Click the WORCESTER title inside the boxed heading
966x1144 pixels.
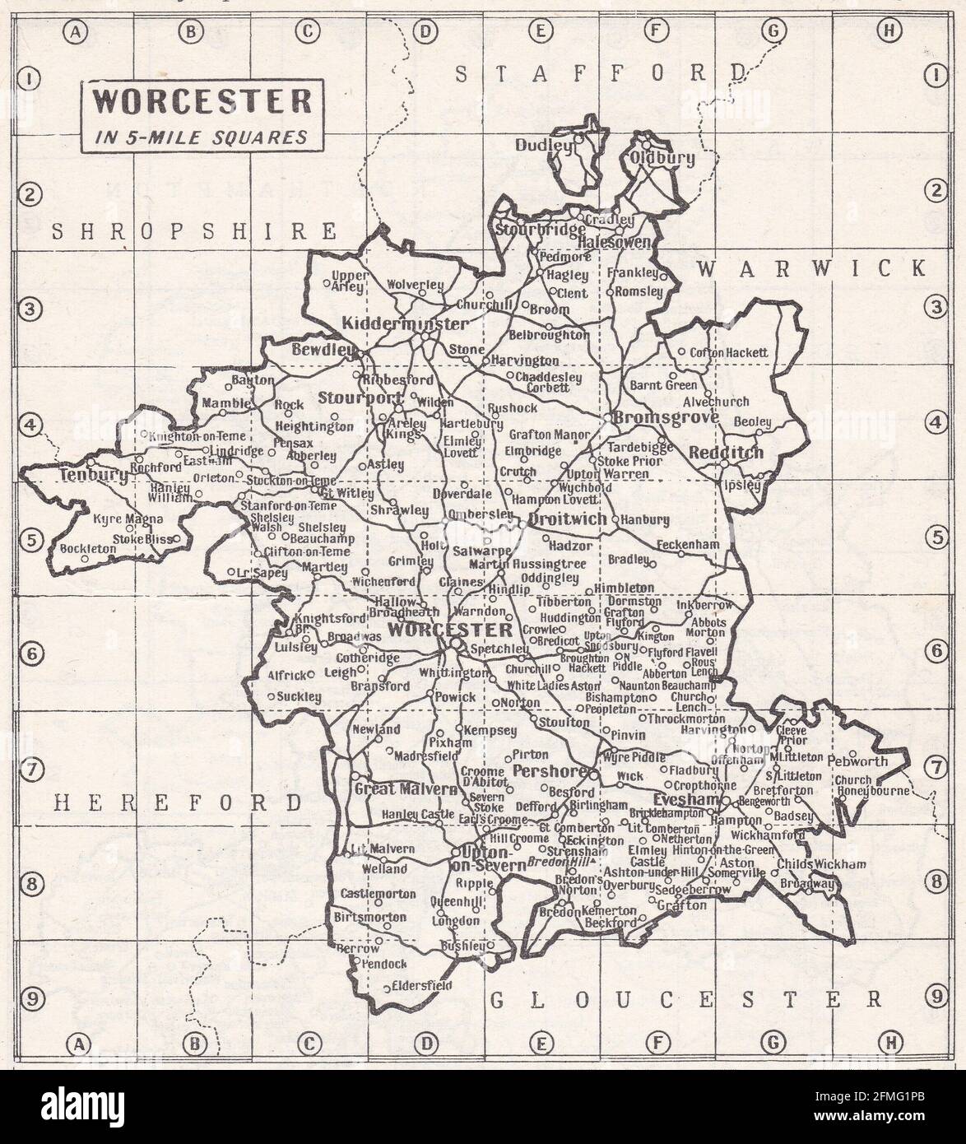tap(201, 102)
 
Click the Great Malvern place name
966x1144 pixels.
tap(404, 788)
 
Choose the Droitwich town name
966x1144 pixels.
tap(568, 520)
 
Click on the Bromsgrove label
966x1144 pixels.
tap(666, 417)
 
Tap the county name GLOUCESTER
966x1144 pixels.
tap(685, 999)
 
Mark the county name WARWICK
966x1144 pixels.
tap(811, 267)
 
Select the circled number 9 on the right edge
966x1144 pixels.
tap(936, 998)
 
